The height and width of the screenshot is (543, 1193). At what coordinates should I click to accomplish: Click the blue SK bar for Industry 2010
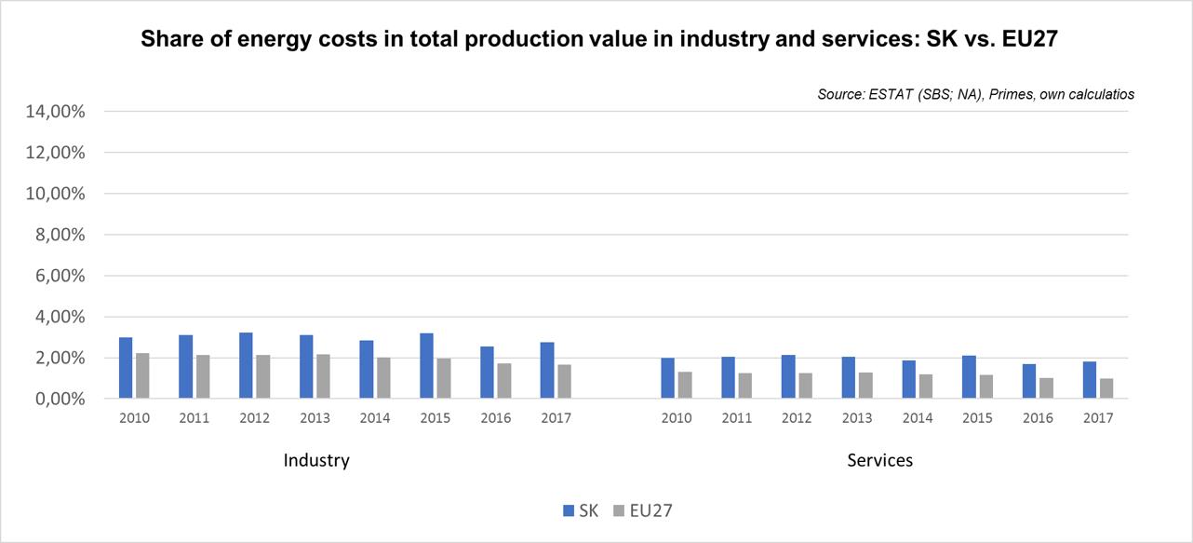point(126,368)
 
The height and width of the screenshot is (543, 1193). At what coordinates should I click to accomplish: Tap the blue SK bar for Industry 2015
point(426,366)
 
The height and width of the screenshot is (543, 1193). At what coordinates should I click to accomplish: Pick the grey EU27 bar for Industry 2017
point(563,382)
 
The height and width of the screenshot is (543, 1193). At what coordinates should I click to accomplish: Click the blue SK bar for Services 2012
point(788,377)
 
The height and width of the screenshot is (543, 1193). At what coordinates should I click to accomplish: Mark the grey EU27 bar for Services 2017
point(1106,388)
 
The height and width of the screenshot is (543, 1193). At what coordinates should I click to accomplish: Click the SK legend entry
point(581,510)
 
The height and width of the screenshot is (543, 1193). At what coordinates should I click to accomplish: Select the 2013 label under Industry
point(315,418)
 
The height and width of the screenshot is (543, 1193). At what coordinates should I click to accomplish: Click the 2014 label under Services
point(918,418)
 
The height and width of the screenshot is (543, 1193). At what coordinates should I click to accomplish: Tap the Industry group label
point(316,460)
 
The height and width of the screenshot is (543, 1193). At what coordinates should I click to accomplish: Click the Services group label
point(880,460)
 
